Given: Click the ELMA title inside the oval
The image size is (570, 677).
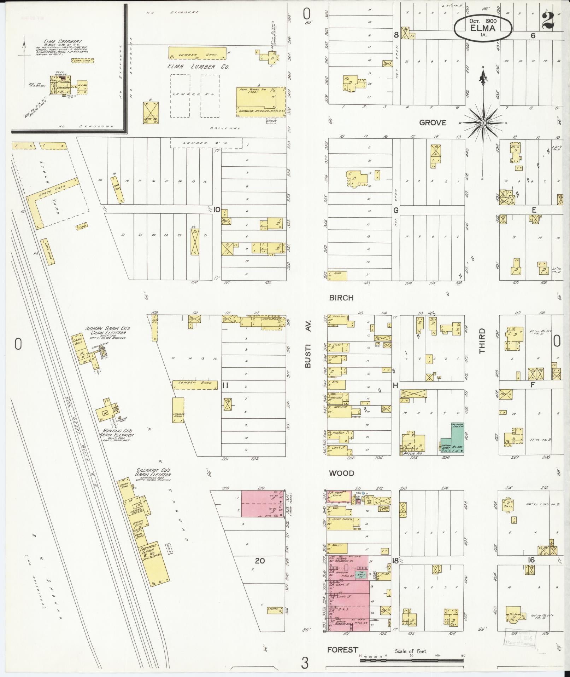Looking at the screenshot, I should [x=483, y=28].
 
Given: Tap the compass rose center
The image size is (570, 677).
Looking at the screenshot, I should [x=483, y=123].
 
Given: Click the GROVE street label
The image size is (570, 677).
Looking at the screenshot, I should [x=433, y=123].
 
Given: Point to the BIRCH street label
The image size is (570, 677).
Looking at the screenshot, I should [x=341, y=298].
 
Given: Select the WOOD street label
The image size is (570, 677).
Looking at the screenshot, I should [x=341, y=473].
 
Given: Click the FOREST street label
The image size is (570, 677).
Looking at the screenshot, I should [x=342, y=650].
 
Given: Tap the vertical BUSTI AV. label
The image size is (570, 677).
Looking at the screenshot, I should [x=308, y=344].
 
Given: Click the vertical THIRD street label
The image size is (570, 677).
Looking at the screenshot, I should [x=482, y=341].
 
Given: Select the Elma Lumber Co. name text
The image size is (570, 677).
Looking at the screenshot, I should [x=198, y=67].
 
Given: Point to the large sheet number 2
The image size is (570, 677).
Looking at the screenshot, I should [x=547, y=21].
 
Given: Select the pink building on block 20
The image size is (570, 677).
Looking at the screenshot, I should [x=262, y=504].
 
